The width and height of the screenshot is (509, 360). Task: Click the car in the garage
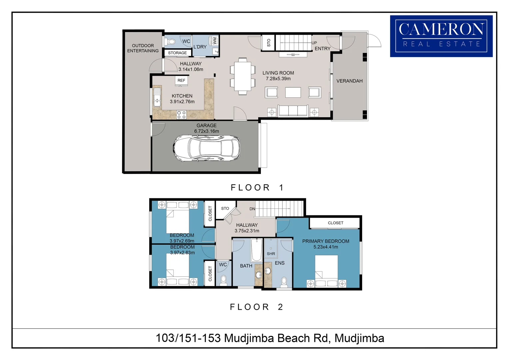pyautogui.click(x=206, y=148)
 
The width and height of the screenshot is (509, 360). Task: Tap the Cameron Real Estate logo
pyautogui.click(x=441, y=36)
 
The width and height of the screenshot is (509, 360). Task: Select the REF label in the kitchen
pyautogui.click(x=181, y=80)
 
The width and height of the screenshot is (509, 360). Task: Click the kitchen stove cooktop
pyautogui.click(x=182, y=115)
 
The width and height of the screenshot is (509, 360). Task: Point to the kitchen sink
pyautogui.click(x=157, y=96)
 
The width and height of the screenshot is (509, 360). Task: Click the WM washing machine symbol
pyautogui.click(x=215, y=41)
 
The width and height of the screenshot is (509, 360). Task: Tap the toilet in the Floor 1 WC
pyautogui.click(x=170, y=42)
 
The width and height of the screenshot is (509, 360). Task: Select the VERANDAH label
pyautogui.click(x=349, y=81)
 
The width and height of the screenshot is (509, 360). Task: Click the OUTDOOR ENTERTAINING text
pyautogui.click(x=143, y=48)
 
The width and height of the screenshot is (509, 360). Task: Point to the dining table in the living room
pyautogui.click(x=243, y=76)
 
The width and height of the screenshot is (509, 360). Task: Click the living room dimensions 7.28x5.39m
pyautogui.click(x=278, y=79)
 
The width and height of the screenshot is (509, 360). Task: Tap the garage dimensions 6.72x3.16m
pyautogui.click(x=207, y=131)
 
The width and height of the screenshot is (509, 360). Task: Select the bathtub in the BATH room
pyautogui.click(x=256, y=250)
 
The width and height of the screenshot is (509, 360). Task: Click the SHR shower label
pyautogui.click(x=271, y=254)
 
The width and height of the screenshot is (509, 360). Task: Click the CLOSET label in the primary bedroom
pyautogui.click(x=335, y=223)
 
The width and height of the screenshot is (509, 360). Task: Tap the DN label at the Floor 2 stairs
pyautogui.click(x=252, y=209)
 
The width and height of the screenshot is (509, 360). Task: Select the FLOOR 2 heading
pyautogui.click(x=256, y=307)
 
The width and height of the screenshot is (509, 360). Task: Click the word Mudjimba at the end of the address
pyautogui.click(x=359, y=338)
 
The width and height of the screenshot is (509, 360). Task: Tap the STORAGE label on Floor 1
pyautogui.click(x=177, y=53)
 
